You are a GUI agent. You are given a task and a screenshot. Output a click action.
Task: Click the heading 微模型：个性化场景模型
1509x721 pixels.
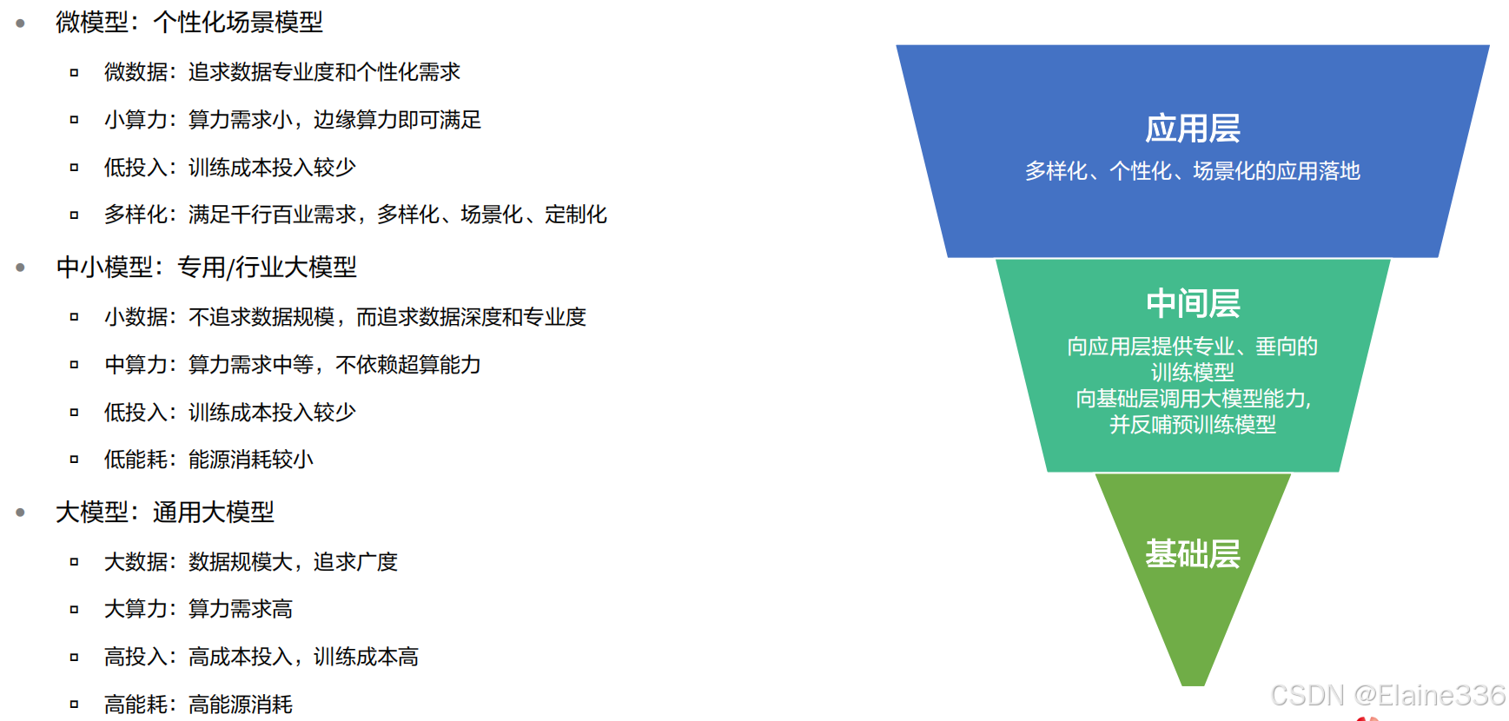tap(189, 23)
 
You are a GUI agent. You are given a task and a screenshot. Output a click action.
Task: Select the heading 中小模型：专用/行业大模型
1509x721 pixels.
tap(206, 268)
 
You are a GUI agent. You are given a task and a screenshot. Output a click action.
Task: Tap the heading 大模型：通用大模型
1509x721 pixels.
tap(164, 513)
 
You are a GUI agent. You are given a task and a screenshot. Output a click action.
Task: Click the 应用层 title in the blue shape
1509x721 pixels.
tap(1192, 129)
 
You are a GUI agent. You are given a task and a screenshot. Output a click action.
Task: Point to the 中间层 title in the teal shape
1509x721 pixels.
tap(1192, 303)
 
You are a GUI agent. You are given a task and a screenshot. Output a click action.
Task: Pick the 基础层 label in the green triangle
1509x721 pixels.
tap(1192, 553)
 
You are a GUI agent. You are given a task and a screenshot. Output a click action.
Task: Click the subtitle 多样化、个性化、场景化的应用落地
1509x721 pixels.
tap(1192, 171)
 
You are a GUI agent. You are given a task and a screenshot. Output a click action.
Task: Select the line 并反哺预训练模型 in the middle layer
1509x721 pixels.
tap(1192, 425)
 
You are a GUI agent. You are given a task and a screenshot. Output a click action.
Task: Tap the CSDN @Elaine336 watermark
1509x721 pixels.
tap(1387, 695)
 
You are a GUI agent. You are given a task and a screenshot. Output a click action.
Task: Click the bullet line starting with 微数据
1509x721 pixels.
tap(281, 72)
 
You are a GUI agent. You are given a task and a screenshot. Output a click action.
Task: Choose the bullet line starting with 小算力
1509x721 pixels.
tap(292, 120)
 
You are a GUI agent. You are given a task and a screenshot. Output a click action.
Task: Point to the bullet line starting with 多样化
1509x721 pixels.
tap(354, 215)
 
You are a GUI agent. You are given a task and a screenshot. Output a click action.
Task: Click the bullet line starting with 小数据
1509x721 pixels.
tap(345, 317)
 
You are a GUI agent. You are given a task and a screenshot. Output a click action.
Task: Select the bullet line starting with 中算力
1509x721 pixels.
tap(292, 365)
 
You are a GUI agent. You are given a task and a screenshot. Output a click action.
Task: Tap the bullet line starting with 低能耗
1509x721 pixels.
tap(208, 460)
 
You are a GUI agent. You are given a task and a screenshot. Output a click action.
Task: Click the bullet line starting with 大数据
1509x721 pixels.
tap(250, 562)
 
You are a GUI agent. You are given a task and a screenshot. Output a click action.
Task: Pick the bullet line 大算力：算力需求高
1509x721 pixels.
tap(198, 609)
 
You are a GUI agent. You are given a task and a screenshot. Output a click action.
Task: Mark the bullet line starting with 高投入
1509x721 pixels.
tap(261, 657)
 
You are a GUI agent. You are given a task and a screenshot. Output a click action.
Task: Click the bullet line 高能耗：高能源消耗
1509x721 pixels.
tap(198, 704)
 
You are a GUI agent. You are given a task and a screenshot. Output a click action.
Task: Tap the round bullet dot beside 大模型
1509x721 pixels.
tap(20, 513)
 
